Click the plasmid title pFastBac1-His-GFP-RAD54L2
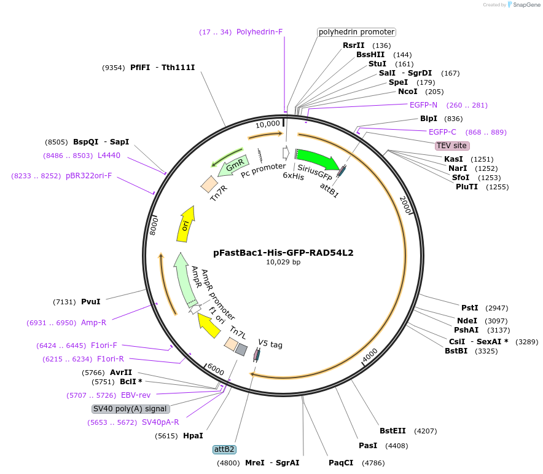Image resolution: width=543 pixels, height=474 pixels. [x=283, y=252]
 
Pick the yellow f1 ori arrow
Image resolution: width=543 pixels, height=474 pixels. [x=209, y=324]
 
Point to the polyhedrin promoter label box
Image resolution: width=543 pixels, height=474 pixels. [x=356, y=32]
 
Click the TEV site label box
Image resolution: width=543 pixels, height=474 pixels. [x=451, y=146]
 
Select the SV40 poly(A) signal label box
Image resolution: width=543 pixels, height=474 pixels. [x=130, y=408]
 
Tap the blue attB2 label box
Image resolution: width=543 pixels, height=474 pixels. [x=224, y=449]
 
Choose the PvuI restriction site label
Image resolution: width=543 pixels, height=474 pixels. [x=90, y=302]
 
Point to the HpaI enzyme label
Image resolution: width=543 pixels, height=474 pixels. [x=193, y=436]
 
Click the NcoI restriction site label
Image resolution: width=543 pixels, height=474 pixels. [x=407, y=92]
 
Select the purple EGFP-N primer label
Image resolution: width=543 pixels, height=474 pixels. [x=423, y=105]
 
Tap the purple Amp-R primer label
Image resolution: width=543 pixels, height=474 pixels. [x=93, y=323]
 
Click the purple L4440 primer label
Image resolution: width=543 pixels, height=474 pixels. [x=109, y=156]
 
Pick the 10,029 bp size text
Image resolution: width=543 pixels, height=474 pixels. [x=283, y=263]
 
